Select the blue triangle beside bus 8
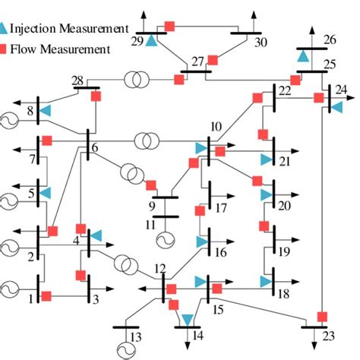tap(45, 112)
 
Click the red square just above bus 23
tap(322, 317)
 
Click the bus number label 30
tap(261, 43)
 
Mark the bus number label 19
tap(285, 251)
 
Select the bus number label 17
tap(220, 207)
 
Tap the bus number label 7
tap(32, 159)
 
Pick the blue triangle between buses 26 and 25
tap(303, 56)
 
